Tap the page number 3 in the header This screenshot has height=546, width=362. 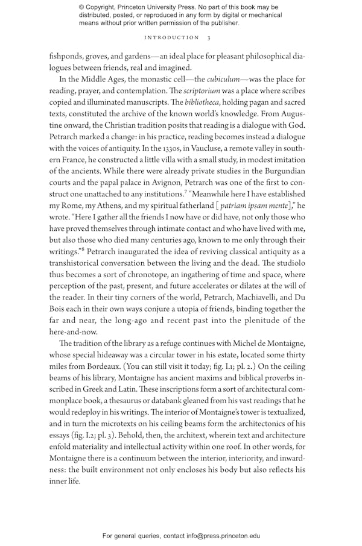209,38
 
